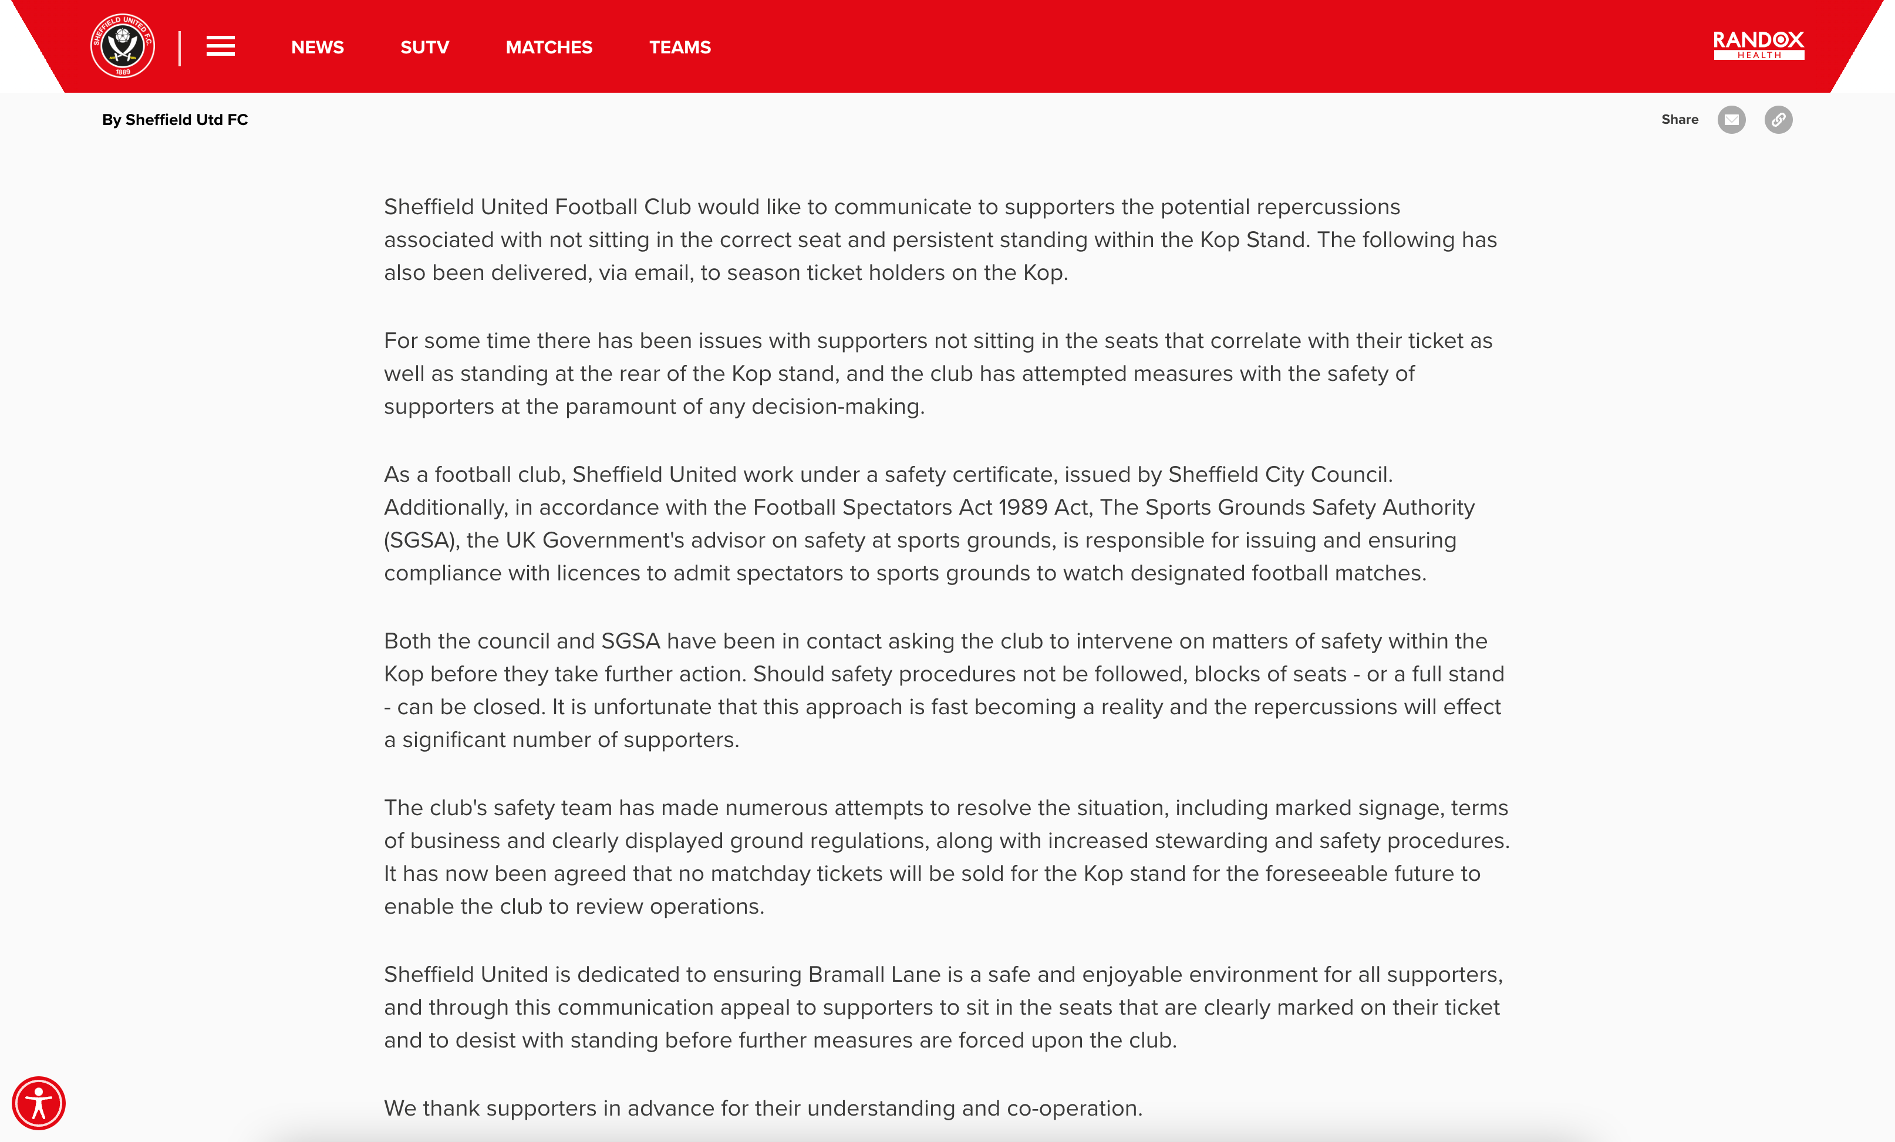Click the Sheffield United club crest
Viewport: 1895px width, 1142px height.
click(x=122, y=46)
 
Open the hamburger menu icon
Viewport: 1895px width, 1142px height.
click(x=221, y=46)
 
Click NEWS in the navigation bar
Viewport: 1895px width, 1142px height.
click(x=318, y=48)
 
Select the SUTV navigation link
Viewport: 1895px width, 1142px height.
click(x=424, y=48)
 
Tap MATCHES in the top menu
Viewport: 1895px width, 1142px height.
click(x=549, y=48)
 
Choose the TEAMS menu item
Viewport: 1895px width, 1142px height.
click(x=680, y=48)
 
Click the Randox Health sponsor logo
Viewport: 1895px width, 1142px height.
click(x=1758, y=45)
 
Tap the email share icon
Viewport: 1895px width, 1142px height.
click(x=1731, y=120)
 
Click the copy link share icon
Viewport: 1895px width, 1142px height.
click(x=1778, y=120)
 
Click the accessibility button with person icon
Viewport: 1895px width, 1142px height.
click(x=39, y=1103)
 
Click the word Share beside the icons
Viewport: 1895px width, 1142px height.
click(x=1680, y=120)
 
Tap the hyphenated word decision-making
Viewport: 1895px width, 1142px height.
click(x=838, y=407)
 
